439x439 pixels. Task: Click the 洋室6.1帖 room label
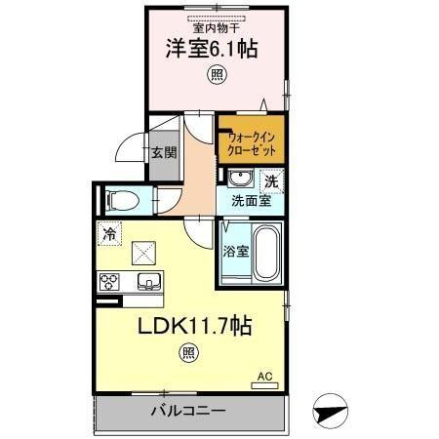(210, 49)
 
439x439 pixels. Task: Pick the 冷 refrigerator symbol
(109, 234)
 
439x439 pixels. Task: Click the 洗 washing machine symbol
(272, 180)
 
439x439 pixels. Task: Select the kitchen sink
(149, 283)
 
